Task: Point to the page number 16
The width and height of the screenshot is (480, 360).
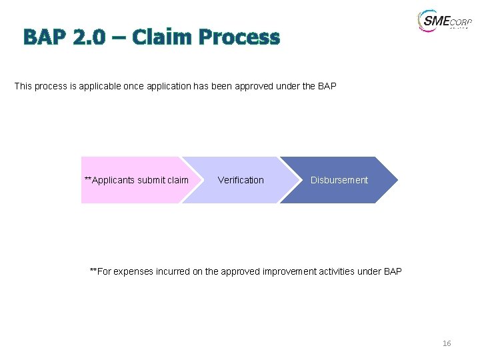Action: (447, 343)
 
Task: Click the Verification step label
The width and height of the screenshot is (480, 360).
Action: (241, 180)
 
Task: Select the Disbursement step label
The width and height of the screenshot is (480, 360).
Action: (339, 180)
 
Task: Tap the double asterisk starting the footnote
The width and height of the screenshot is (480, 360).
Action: (93, 270)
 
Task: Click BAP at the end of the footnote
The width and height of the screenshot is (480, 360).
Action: (393, 271)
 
